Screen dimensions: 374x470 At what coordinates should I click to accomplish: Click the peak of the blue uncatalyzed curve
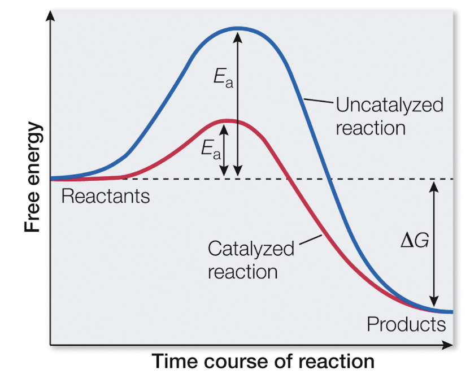coord(238,28)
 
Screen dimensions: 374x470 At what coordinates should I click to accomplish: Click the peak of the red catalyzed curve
coord(226,120)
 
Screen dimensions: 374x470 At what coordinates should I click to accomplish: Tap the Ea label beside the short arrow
coord(210,149)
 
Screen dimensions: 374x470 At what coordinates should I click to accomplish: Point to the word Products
coord(406,324)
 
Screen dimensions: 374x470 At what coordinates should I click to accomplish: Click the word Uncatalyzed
coord(389,105)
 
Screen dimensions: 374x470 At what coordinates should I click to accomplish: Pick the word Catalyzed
coord(251,249)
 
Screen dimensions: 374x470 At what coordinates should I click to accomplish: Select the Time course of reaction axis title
coord(263,360)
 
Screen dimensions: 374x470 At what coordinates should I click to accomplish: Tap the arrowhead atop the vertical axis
coord(51,15)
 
